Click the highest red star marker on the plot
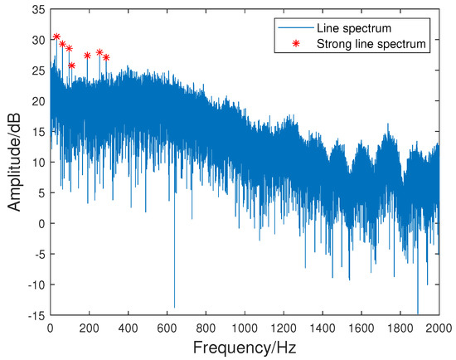click(x=56, y=36)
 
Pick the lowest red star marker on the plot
click(x=71, y=66)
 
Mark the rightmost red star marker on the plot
click(x=106, y=57)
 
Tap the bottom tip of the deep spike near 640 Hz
click(x=174, y=307)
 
